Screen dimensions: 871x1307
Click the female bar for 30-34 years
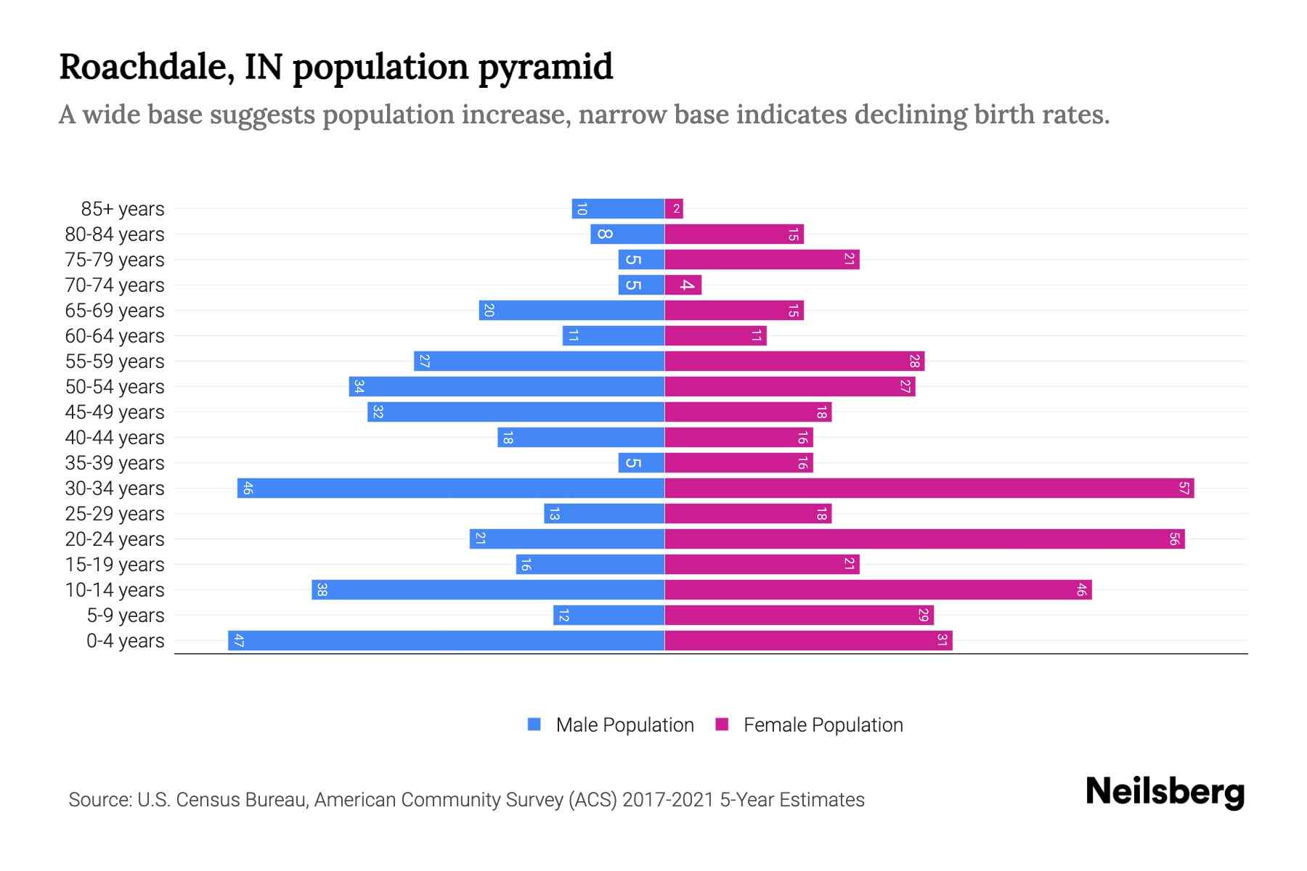(x=929, y=488)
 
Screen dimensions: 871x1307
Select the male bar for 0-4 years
(x=447, y=641)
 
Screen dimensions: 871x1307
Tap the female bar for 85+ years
(x=674, y=209)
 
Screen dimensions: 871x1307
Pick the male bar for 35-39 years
(x=642, y=463)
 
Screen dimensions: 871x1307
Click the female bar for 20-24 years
(x=924, y=539)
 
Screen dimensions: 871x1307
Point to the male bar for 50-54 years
(x=507, y=387)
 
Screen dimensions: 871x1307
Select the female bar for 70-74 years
(x=683, y=285)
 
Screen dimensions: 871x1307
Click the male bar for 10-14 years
(x=488, y=590)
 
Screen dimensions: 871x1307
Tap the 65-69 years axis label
(x=115, y=311)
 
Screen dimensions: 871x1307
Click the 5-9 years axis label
(x=126, y=616)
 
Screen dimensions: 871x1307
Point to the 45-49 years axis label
(x=115, y=412)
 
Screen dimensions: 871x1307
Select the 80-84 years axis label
(x=115, y=234)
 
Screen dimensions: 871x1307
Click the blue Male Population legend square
(x=534, y=724)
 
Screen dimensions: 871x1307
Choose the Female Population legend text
(x=823, y=725)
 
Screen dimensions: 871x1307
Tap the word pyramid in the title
(x=545, y=68)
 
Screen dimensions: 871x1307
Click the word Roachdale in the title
(x=146, y=68)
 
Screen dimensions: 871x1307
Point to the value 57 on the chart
(x=1184, y=488)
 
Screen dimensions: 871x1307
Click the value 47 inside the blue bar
(x=239, y=641)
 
